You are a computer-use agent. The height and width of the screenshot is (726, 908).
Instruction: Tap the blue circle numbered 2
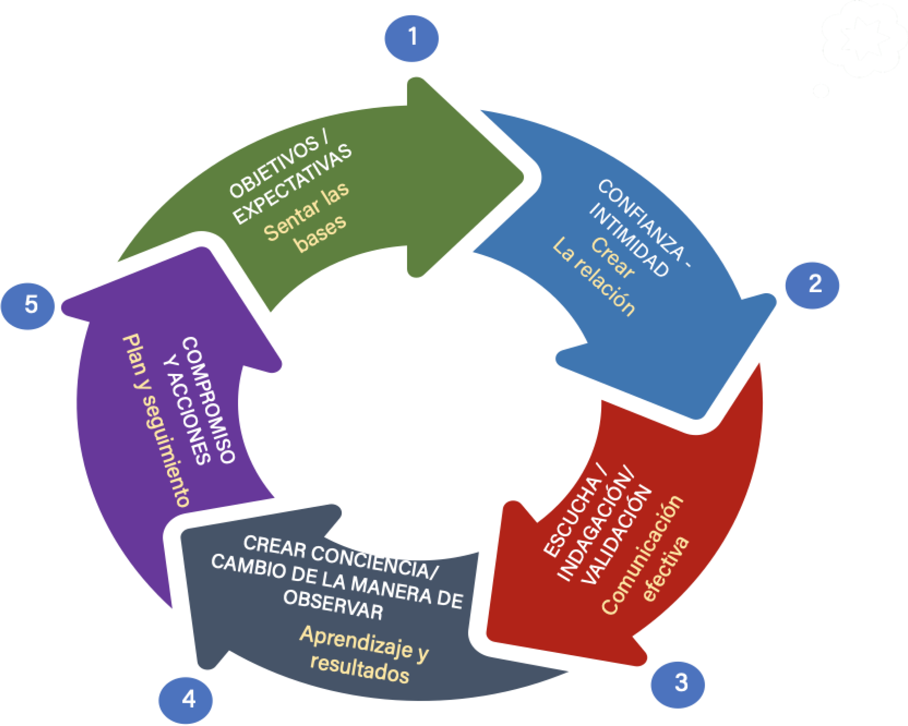click(x=812, y=285)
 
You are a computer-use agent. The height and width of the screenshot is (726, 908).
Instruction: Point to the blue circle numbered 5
click(x=28, y=305)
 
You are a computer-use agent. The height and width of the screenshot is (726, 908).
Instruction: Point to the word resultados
click(x=360, y=669)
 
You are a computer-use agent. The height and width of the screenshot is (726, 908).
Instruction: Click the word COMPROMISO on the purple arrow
click(x=209, y=400)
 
